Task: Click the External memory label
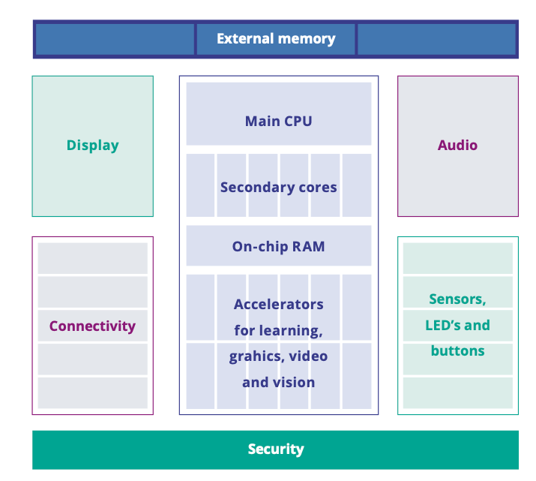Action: coord(276,39)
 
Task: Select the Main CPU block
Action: coord(278,121)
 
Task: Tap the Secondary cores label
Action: coord(278,187)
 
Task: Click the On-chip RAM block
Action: coord(278,246)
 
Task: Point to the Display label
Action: coord(92,146)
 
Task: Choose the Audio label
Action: coord(457,145)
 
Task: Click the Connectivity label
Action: coord(92,326)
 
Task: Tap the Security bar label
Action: coord(276,449)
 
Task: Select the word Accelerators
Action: coord(278,304)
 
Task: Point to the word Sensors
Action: coord(457,299)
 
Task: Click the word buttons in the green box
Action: coord(457,350)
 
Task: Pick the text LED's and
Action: coord(457,325)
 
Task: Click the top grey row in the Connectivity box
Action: coord(92,258)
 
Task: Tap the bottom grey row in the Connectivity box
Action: coord(92,392)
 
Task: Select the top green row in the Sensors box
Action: coord(457,258)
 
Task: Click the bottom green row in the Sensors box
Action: coord(457,392)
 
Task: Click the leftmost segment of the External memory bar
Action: coord(115,39)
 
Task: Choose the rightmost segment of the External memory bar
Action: coord(436,39)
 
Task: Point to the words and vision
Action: coord(278,383)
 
